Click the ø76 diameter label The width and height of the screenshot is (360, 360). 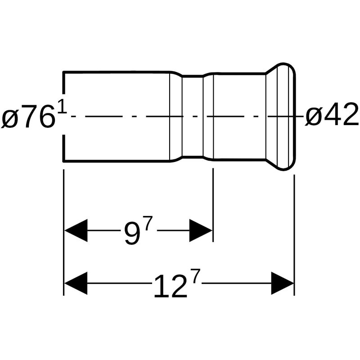[29, 116]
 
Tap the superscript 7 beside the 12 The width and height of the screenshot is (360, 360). [194, 277]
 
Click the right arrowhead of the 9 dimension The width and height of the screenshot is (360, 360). [200, 230]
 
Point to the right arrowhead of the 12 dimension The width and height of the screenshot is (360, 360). [282, 283]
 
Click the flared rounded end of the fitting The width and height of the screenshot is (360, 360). [281, 116]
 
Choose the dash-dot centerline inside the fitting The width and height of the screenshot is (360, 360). [180, 116]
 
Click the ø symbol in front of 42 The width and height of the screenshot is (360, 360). [312, 116]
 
